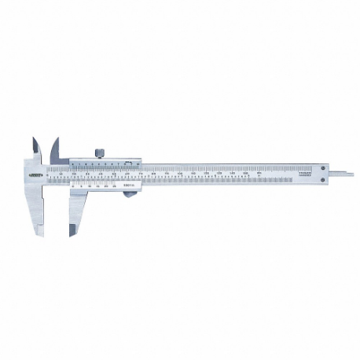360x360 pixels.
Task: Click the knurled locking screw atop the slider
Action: coord(100,152)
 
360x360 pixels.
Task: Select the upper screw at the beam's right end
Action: coord(324,167)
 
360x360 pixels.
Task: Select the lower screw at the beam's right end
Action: coord(324,180)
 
